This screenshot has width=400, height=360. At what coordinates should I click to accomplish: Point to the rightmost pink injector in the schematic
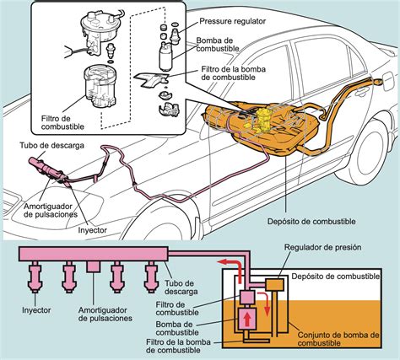click(153, 276)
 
